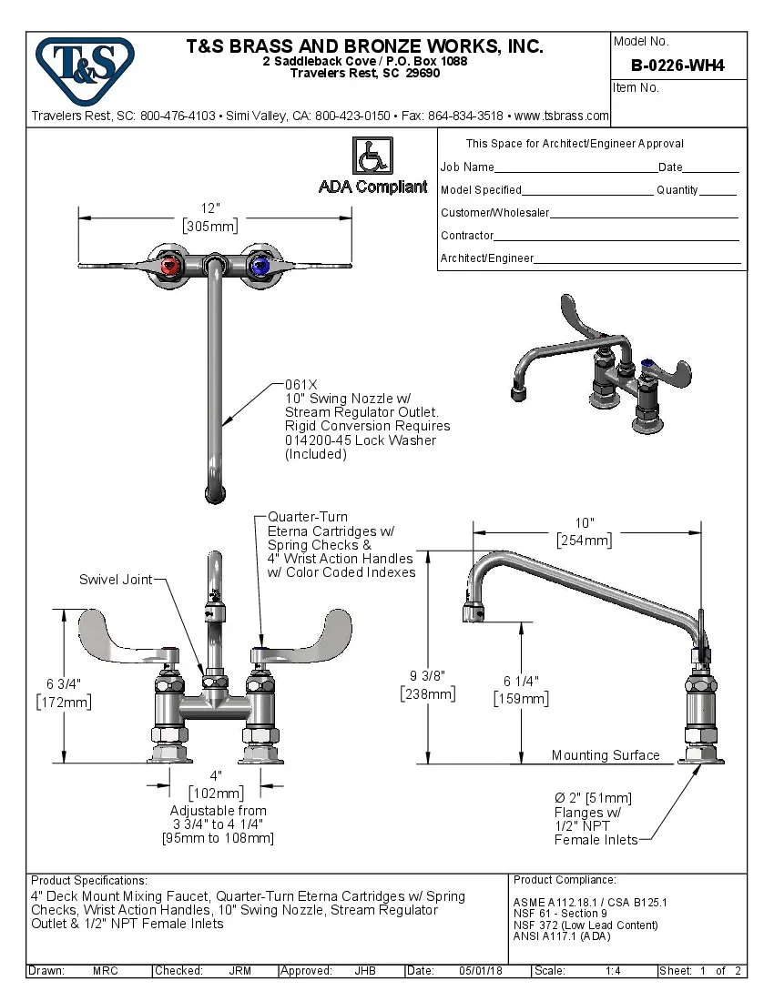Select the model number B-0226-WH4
[x=677, y=66]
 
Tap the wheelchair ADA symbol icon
[x=372, y=157]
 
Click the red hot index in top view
[x=170, y=267]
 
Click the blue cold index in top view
[x=260, y=267]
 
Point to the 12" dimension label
[x=210, y=208]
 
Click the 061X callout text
[x=300, y=384]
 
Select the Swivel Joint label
[x=116, y=580]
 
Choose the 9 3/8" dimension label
[x=427, y=675]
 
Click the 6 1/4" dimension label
[x=521, y=681]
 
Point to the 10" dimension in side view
[x=585, y=522]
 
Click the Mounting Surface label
[x=606, y=755]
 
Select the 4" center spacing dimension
[x=216, y=775]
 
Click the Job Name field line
[x=575, y=167]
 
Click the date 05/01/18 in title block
[x=479, y=971]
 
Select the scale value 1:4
[x=613, y=971]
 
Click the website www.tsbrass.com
[x=561, y=116]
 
